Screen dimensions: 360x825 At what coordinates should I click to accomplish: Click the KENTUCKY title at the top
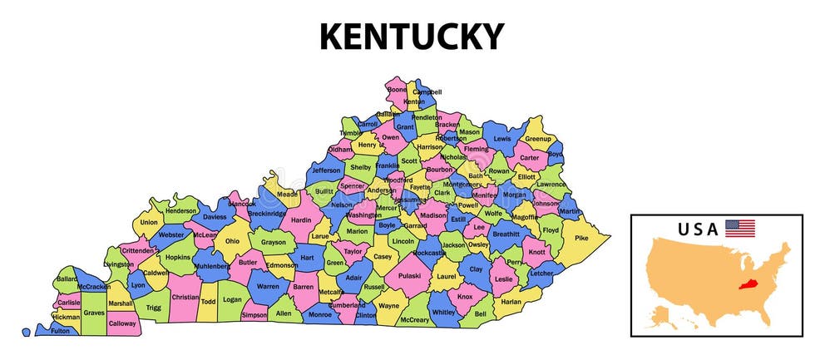[x=412, y=37]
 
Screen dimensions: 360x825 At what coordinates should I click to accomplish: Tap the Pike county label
[x=581, y=238]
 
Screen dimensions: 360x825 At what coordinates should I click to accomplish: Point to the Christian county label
[x=185, y=297]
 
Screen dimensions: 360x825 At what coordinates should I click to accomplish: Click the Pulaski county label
[x=409, y=275]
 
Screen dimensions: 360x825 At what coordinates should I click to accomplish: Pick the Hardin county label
[x=300, y=220]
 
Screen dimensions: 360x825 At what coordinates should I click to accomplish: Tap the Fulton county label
[x=61, y=331]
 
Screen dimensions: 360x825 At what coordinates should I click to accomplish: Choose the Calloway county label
[x=121, y=323]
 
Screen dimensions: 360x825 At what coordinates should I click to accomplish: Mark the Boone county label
[x=398, y=90]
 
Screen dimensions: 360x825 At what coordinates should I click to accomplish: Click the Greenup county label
[x=538, y=138]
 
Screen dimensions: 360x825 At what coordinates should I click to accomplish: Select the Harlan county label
[x=511, y=301]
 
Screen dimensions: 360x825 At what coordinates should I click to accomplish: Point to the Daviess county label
[x=215, y=217]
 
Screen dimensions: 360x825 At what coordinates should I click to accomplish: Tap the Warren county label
[x=267, y=287]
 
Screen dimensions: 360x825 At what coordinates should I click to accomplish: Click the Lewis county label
[x=501, y=139]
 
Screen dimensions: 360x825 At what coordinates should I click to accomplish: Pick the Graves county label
[x=94, y=313]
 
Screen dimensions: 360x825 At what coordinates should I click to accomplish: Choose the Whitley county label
[x=444, y=312]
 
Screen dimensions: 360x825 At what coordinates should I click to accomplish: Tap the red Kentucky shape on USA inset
[x=749, y=283]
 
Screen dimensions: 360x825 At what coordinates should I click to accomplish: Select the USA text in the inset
[x=697, y=229]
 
